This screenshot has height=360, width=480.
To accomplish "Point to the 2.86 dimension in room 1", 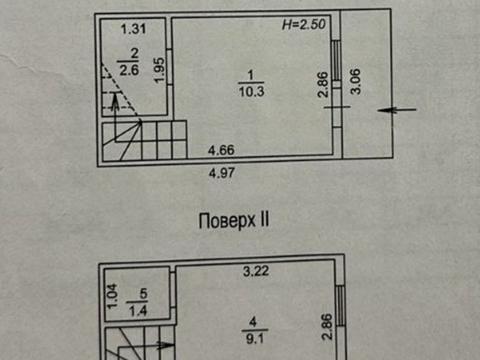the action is click(322, 84).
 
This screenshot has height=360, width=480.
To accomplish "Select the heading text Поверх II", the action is click(233, 220).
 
